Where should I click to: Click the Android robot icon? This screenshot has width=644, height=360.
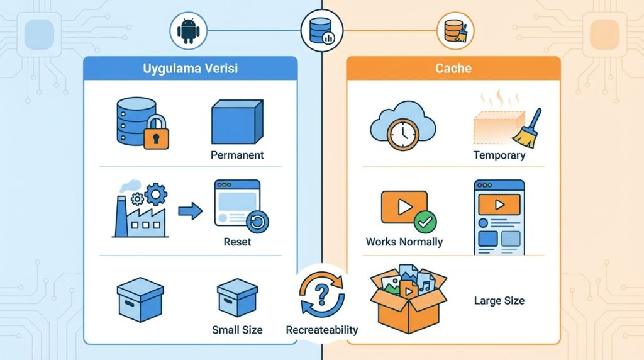tap(189, 31)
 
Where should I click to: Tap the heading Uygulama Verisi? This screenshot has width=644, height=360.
tap(190, 68)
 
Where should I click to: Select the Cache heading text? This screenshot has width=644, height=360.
tap(453, 68)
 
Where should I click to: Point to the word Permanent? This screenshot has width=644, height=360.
tap(237, 155)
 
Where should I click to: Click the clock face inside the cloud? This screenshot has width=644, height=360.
tap(403, 135)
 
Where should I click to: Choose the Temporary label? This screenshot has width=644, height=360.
tap(499, 155)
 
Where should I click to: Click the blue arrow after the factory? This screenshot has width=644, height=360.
tap(190, 211)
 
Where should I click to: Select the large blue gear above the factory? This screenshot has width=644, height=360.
tap(156, 194)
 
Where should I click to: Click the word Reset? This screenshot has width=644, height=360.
tap(237, 242)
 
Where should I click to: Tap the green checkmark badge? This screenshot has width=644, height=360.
tap(425, 222)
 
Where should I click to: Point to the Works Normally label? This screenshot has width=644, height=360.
tap(404, 242)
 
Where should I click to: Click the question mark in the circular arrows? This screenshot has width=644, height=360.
tap(322, 295)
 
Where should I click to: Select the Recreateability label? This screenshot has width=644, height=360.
tap(322, 330)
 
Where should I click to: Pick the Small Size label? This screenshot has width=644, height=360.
tap(237, 330)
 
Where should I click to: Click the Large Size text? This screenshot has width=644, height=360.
tap(499, 300)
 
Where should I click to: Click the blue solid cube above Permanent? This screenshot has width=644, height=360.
tap(237, 121)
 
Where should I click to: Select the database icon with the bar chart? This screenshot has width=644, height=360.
tap(322, 30)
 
